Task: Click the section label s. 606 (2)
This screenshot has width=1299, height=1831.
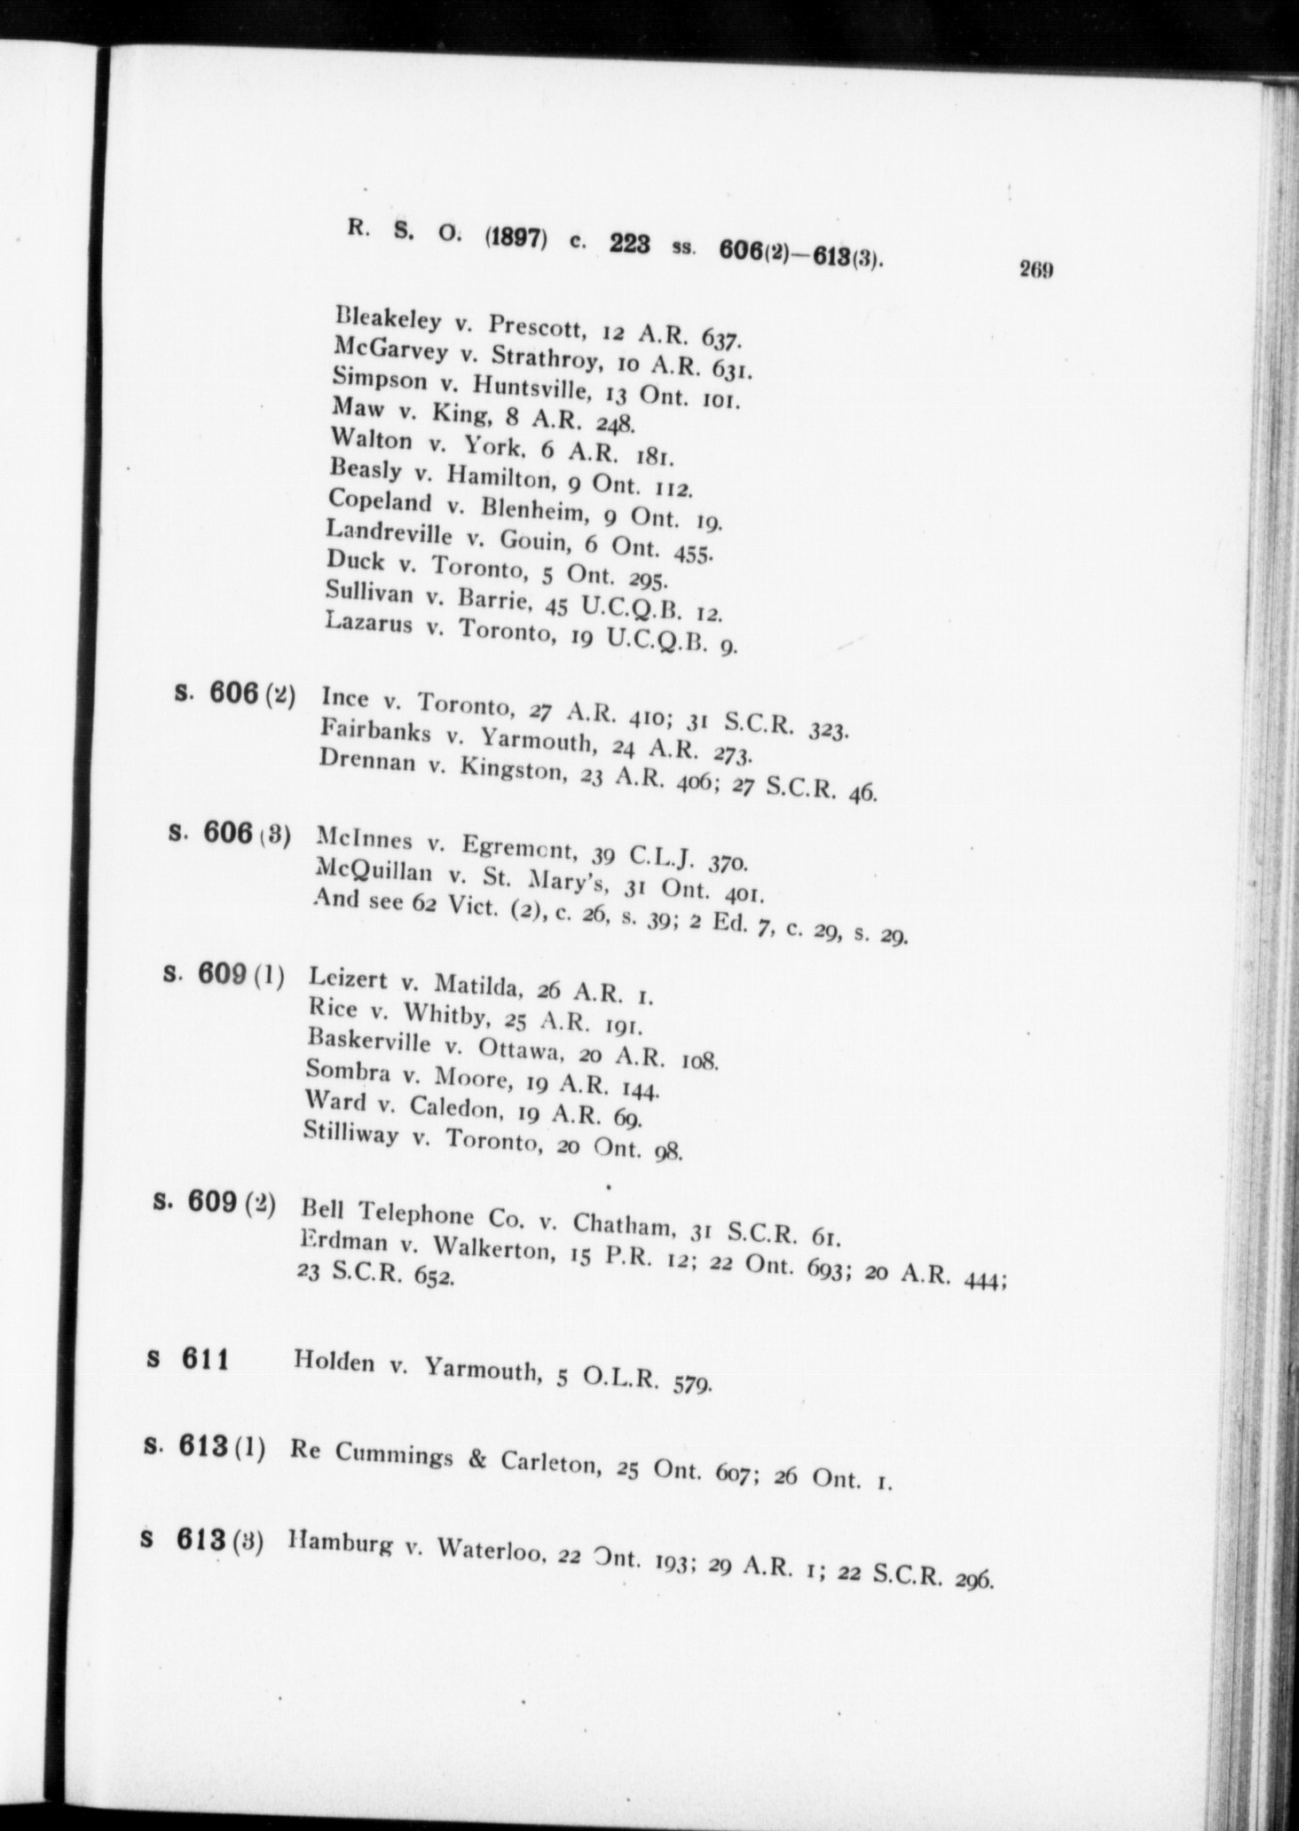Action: [236, 694]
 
